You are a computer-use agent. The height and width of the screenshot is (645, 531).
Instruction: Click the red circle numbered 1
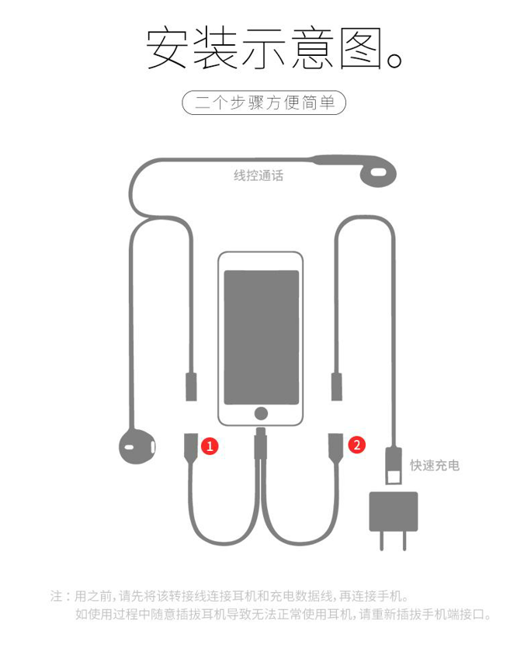tap(210, 446)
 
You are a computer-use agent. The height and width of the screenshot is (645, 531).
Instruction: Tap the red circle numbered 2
tap(356, 445)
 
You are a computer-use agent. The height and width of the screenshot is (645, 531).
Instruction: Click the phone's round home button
tap(261, 414)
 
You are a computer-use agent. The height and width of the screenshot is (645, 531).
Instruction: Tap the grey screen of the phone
tap(261, 338)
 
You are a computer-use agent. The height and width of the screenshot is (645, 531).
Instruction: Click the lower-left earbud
tap(137, 447)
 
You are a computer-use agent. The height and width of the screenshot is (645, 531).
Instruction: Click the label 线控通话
tap(259, 175)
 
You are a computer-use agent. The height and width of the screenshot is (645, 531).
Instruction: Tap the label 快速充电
tap(434, 465)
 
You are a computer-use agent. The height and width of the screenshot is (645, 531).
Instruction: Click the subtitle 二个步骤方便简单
tap(265, 102)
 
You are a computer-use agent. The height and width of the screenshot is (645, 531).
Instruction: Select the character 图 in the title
tap(361, 49)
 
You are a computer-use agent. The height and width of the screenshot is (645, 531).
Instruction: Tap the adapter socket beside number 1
tap(191, 445)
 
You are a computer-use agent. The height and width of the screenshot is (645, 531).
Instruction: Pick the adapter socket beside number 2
tap(335, 445)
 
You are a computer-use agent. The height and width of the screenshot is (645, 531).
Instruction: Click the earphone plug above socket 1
tap(191, 387)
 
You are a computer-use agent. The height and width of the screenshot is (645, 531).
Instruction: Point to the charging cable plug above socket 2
tap(336, 387)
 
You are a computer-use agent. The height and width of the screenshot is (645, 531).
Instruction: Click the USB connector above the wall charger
tap(394, 466)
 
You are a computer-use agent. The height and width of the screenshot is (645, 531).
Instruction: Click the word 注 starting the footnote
tap(56, 595)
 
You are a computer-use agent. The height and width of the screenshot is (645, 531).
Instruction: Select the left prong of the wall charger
tap(382, 540)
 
